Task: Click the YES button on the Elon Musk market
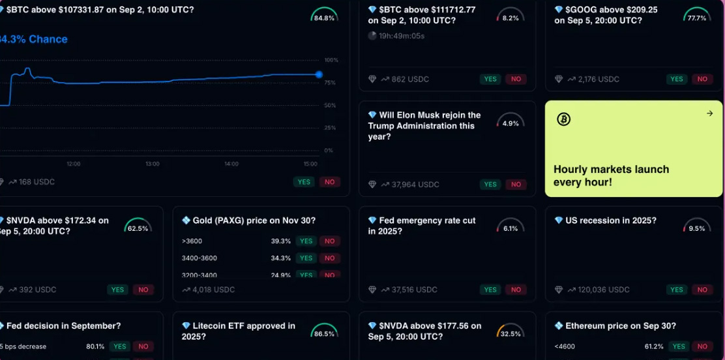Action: point(490,185)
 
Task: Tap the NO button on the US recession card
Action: point(702,290)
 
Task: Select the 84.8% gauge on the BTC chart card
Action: point(324,16)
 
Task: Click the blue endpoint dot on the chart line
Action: point(319,74)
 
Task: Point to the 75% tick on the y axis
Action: point(331,83)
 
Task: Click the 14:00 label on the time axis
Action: point(231,164)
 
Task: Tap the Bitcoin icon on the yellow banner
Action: point(564,119)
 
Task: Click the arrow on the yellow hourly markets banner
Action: point(710,113)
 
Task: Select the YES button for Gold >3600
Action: point(305,241)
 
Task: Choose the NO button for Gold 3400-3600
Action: point(330,258)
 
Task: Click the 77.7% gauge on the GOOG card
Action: point(697,16)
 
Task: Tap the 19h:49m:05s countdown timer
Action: point(402,36)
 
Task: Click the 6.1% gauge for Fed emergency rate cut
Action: point(510,226)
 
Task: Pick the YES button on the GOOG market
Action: point(677,79)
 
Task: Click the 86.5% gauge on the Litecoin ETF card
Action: point(324,331)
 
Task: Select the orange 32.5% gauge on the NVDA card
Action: point(510,331)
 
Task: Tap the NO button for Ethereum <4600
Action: point(702,347)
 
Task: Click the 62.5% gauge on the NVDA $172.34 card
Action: point(138,226)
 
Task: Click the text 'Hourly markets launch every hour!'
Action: point(611,175)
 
